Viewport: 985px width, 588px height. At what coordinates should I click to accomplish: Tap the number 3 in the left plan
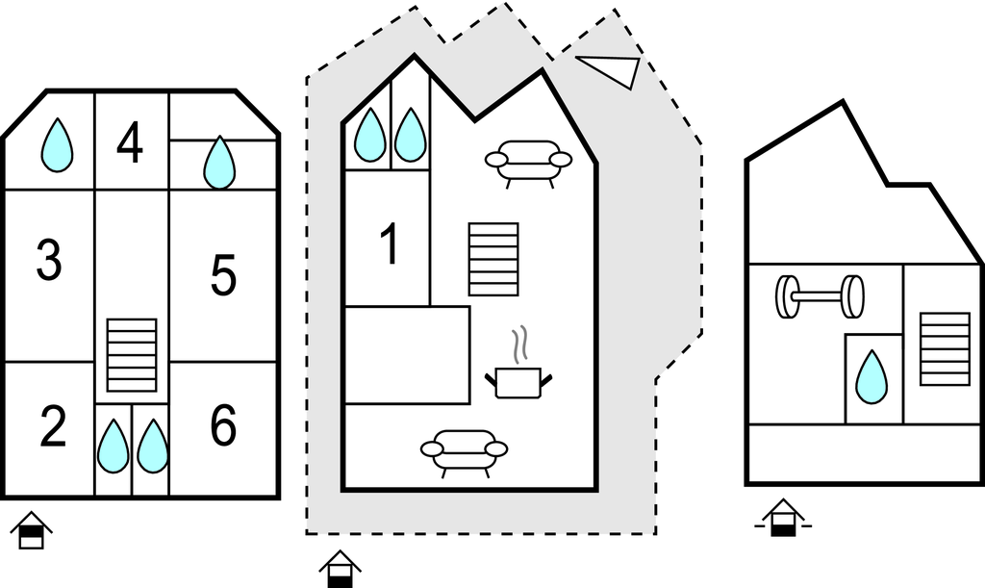[49, 260]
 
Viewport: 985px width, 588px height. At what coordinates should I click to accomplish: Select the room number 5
[223, 276]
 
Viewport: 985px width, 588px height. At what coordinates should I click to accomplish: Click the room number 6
[223, 426]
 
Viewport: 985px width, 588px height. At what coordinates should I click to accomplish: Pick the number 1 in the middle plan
[389, 244]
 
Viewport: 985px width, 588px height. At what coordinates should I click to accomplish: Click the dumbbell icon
[820, 296]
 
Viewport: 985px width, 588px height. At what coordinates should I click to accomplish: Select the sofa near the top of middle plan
[528, 162]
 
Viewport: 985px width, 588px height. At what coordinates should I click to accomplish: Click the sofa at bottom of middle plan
[464, 452]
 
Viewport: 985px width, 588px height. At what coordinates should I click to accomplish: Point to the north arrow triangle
[609, 70]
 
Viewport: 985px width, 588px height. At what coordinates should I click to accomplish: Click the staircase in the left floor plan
[131, 355]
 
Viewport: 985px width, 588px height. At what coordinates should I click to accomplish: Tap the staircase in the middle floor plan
[492, 259]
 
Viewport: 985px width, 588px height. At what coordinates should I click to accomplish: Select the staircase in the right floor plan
[944, 348]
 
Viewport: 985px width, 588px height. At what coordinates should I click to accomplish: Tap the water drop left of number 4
[58, 145]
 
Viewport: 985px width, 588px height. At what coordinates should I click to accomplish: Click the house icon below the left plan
[32, 530]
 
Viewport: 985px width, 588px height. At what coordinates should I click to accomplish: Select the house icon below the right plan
[783, 519]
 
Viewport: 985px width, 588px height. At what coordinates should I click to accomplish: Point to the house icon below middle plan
[340, 568]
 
